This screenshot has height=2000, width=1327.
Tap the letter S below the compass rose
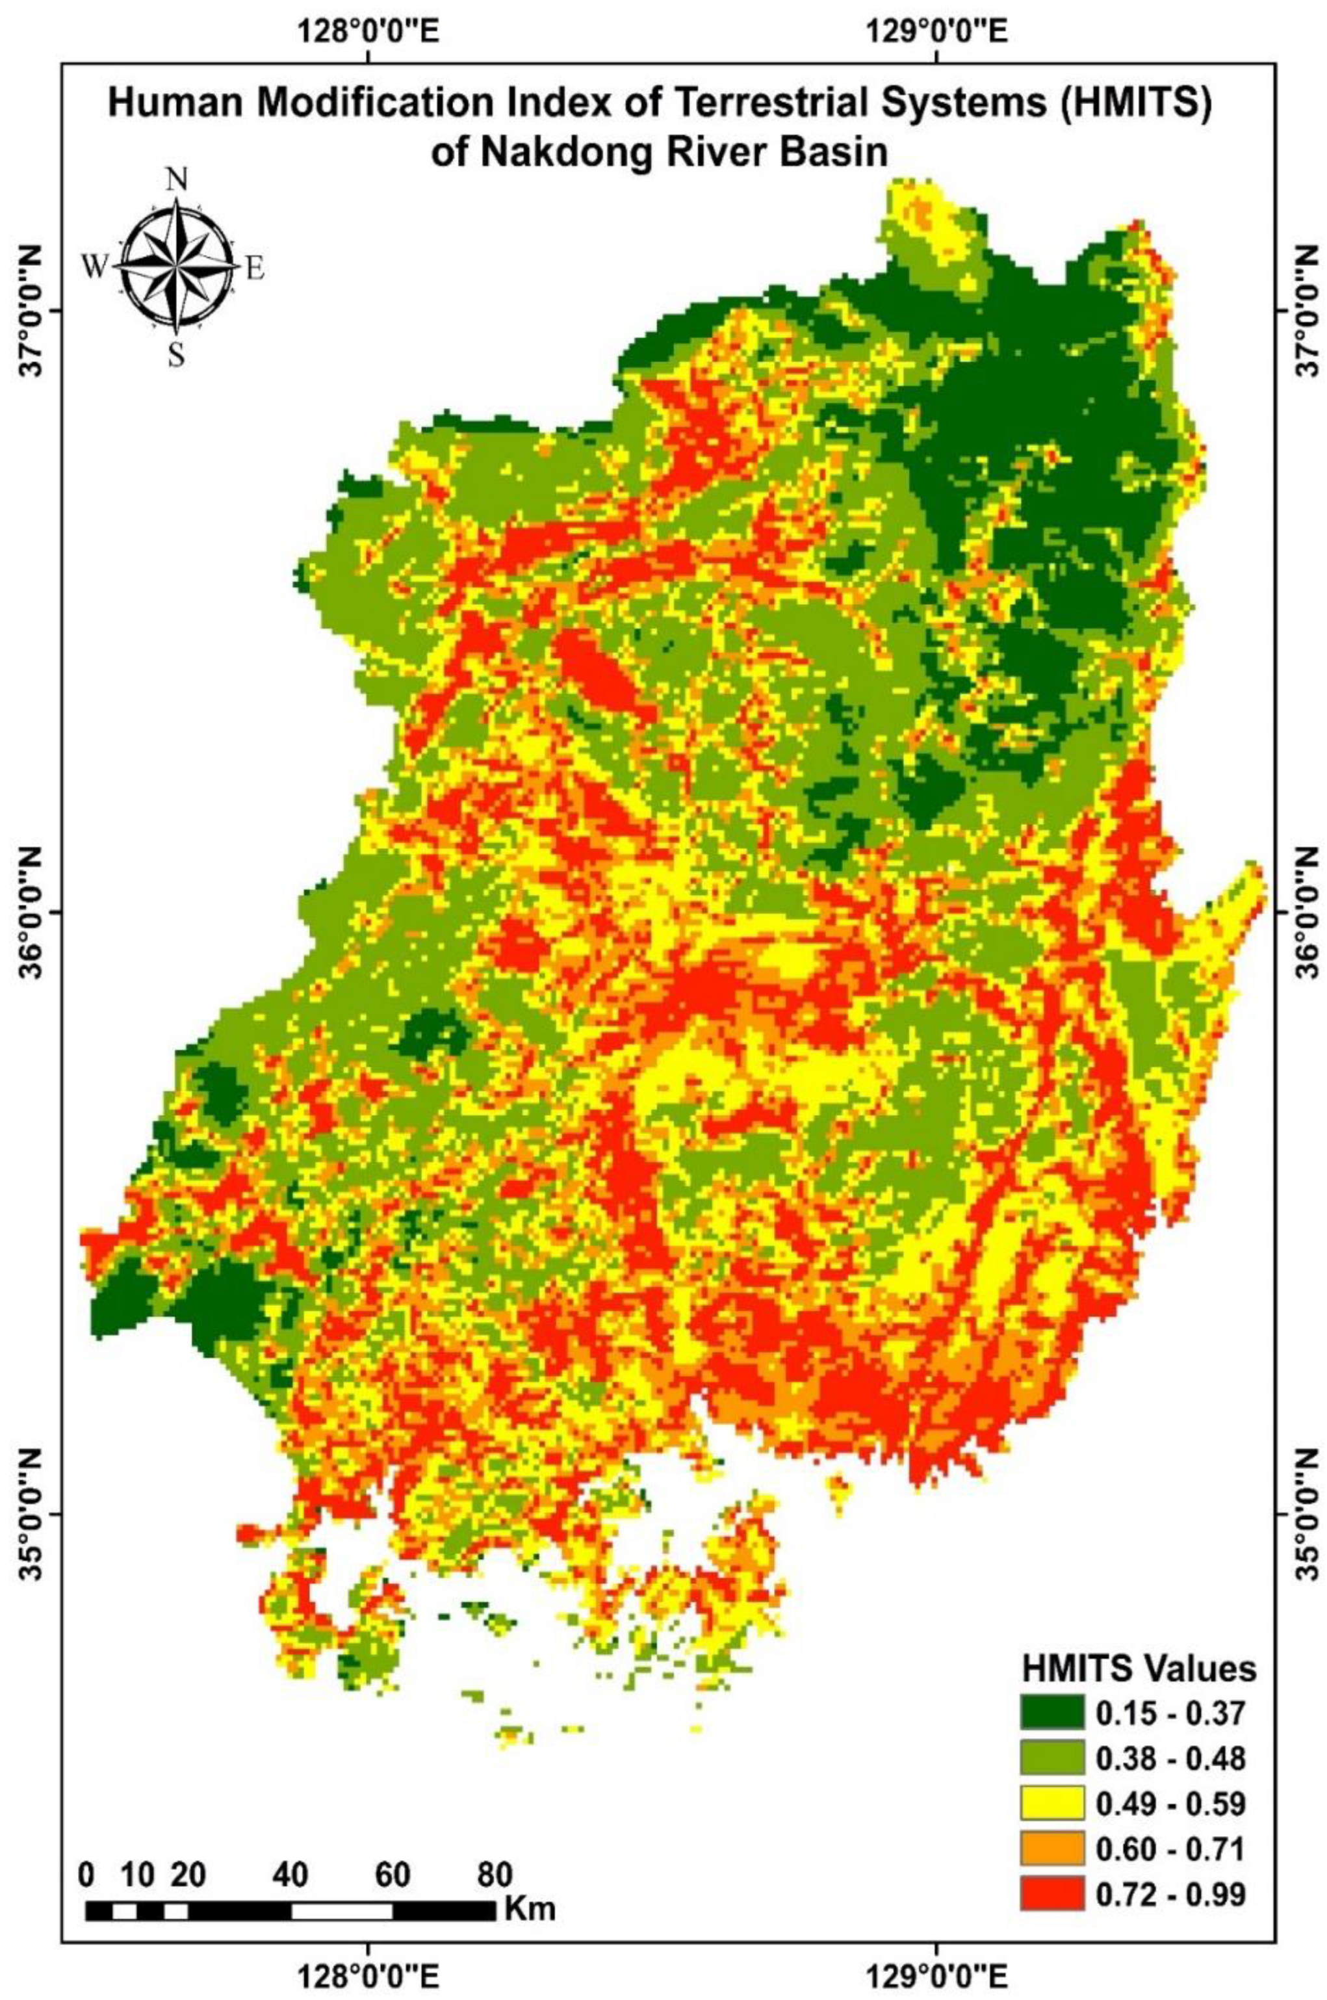click(x=176, y=356)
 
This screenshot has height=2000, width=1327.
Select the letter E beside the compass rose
click(x=255, y=269)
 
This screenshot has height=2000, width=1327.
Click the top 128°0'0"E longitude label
click(x=367, y=34)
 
